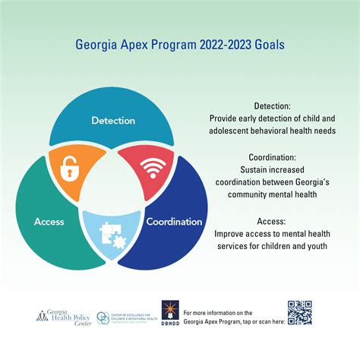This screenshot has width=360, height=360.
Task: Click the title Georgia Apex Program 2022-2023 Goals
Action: pyautogui.click(x=179, y=43)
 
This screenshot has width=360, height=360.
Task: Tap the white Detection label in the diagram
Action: pyautogui.click(x=113, y=120)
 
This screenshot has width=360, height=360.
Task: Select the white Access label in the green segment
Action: pyautogui.click(x=49, y=222)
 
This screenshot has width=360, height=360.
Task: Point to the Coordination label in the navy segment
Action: pyautogui.click(x=175, y=222)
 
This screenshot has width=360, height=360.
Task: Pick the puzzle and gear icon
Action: pyautogui.click(x=113, y=234)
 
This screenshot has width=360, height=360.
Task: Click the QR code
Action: pyautogui.click(x=299, y=312)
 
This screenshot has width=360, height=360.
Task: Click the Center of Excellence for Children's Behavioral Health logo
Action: pyautogui.click(x=122, y=314)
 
